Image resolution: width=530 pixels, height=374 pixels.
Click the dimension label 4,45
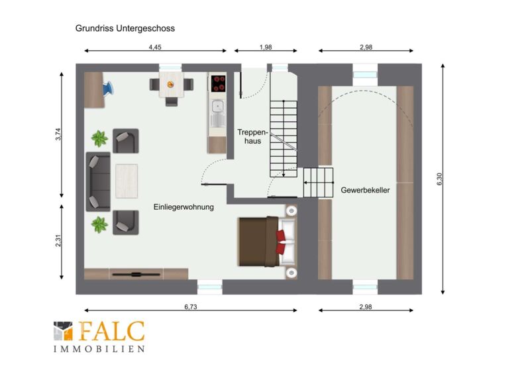click(155, 47)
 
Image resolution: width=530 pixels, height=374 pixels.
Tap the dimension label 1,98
click(266, 47)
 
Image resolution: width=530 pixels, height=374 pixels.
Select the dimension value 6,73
click(191, 306)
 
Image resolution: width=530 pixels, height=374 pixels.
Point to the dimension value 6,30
click(439, 179)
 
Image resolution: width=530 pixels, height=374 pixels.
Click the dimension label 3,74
click(58, 134)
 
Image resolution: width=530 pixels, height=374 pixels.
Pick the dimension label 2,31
click(58, 240)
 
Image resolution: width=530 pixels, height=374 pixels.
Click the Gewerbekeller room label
click(365, 190)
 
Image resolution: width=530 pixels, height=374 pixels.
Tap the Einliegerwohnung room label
click(184, 207)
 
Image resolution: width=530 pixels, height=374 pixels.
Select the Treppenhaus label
click(252, 136)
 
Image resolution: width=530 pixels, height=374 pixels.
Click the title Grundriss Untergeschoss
click(125, 28)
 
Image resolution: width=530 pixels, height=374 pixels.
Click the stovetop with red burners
click(218, 84)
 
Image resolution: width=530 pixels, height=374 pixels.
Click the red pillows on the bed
click(280, 242)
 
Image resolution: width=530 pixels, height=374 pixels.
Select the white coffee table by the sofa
click(127, 181)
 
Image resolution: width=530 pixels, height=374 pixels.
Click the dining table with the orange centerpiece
click(172, 85)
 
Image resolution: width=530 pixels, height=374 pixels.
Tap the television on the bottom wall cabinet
click(136, 274)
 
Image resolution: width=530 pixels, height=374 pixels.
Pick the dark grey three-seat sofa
click(98, 182)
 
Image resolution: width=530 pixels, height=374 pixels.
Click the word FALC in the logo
click(112, 331)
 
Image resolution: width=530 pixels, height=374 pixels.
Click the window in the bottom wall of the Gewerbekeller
click(365, 287)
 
